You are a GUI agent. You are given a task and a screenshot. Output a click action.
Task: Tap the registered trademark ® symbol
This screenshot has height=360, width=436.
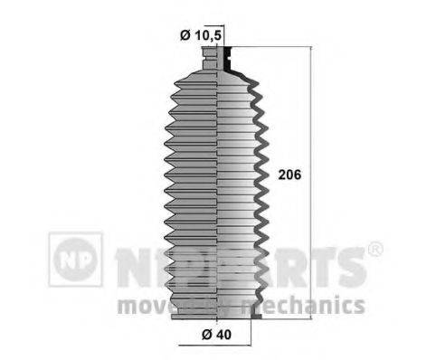tap(375, 249)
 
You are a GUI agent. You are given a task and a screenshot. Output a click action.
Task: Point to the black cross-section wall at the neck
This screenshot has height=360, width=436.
tap(232, 60)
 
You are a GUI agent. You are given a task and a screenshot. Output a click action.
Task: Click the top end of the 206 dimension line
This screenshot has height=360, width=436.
tap(313, 49)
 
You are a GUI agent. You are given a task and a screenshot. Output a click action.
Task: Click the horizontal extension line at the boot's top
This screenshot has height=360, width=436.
tap(271, 47)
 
